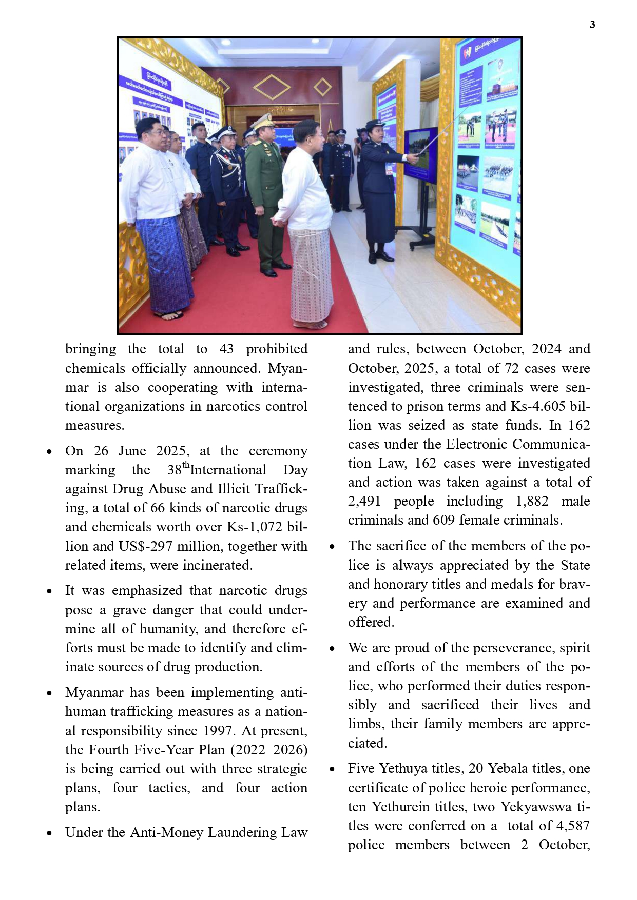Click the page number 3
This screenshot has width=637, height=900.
click(592, 25)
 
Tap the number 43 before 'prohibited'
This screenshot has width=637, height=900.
click(226, 349)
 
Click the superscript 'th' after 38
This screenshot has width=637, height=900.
click(186, 466)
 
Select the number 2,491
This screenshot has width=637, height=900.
click(365, 501)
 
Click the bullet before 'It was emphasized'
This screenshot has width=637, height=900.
click(49, 591)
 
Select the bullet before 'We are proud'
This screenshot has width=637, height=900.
click(332, 649)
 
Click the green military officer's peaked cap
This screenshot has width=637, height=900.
click(263, 121)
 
